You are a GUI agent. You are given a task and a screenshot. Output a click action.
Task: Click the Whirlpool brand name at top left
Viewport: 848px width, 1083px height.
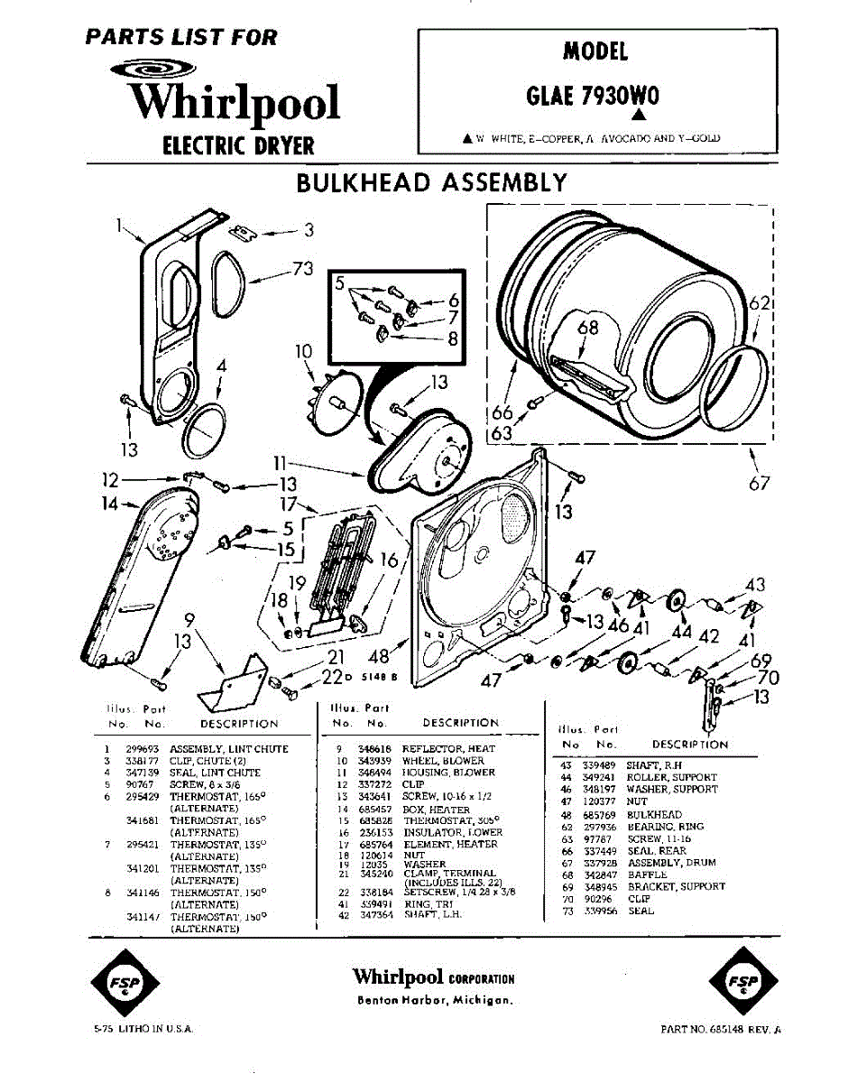[234, 101]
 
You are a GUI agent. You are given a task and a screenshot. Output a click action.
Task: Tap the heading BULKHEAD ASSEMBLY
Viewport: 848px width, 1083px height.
[431, 182]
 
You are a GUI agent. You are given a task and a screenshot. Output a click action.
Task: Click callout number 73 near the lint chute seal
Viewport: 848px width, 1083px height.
[302, 268]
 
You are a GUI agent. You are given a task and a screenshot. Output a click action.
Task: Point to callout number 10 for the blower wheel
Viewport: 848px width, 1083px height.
[302, 350]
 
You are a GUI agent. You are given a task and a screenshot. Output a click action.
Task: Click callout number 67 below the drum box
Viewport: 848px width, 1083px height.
[760, 483]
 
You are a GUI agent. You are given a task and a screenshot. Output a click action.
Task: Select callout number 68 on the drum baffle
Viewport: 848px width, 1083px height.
[588, 328]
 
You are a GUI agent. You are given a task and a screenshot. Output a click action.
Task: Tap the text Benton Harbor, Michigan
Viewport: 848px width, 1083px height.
[435, 1000]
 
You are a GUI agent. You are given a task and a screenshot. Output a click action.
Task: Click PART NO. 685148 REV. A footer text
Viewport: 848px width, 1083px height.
[720, 1029]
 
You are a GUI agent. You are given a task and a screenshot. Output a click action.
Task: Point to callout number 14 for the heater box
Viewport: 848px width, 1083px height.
[110, 504]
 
